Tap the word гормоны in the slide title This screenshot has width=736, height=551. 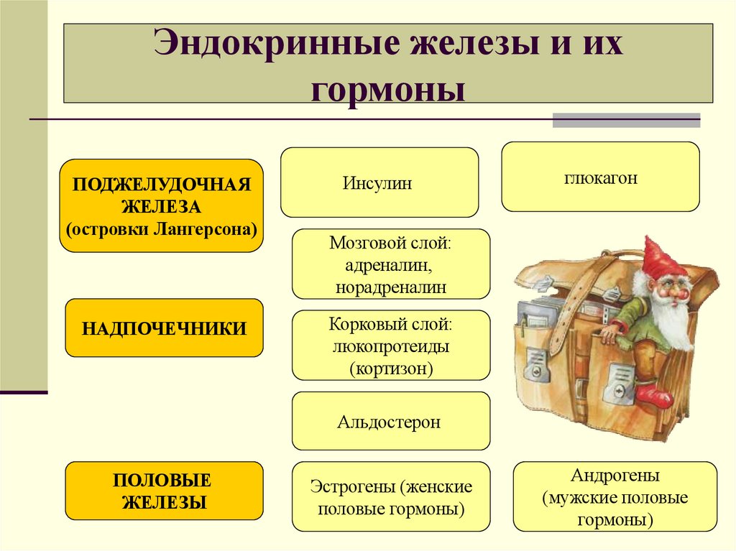point(388,90)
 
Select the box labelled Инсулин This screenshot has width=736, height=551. point(379,182)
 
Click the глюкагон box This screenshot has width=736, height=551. point(600,177)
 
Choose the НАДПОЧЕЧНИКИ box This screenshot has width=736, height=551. point(164,328)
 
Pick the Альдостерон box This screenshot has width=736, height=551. point(390,422)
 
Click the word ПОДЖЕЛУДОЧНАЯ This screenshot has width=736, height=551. point(161,184)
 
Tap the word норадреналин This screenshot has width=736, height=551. point(390,287)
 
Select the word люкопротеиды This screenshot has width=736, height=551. point(391,346)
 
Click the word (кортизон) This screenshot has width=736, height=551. point(391,369)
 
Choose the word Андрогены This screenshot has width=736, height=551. point(615,476)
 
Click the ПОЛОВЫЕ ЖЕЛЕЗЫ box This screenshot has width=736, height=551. point(164,491)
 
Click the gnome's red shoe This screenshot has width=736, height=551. point(653,394)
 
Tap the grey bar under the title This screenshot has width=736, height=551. point(625,121)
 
